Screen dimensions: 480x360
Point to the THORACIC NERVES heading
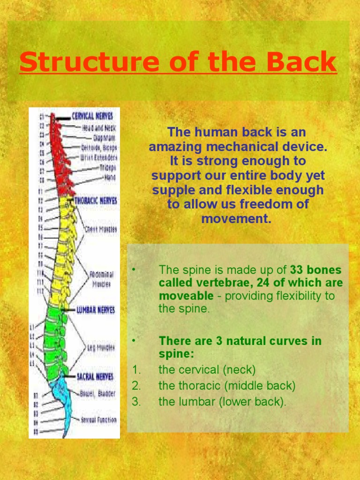tap(96, 201)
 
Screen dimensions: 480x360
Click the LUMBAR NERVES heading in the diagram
tap(96, 310)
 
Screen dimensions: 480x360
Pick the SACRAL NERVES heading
tap(95, 376)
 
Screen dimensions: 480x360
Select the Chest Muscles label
tap(100, 229)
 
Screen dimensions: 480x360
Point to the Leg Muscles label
tap(101, 347)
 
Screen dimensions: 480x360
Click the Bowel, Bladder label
tap(97, 394)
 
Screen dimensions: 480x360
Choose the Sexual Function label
tap(98, 420)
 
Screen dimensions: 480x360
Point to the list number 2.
tap(136, 386)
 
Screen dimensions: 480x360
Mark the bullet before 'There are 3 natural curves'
tap(134, 340)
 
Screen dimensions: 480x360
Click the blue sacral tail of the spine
tap(66, 403)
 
